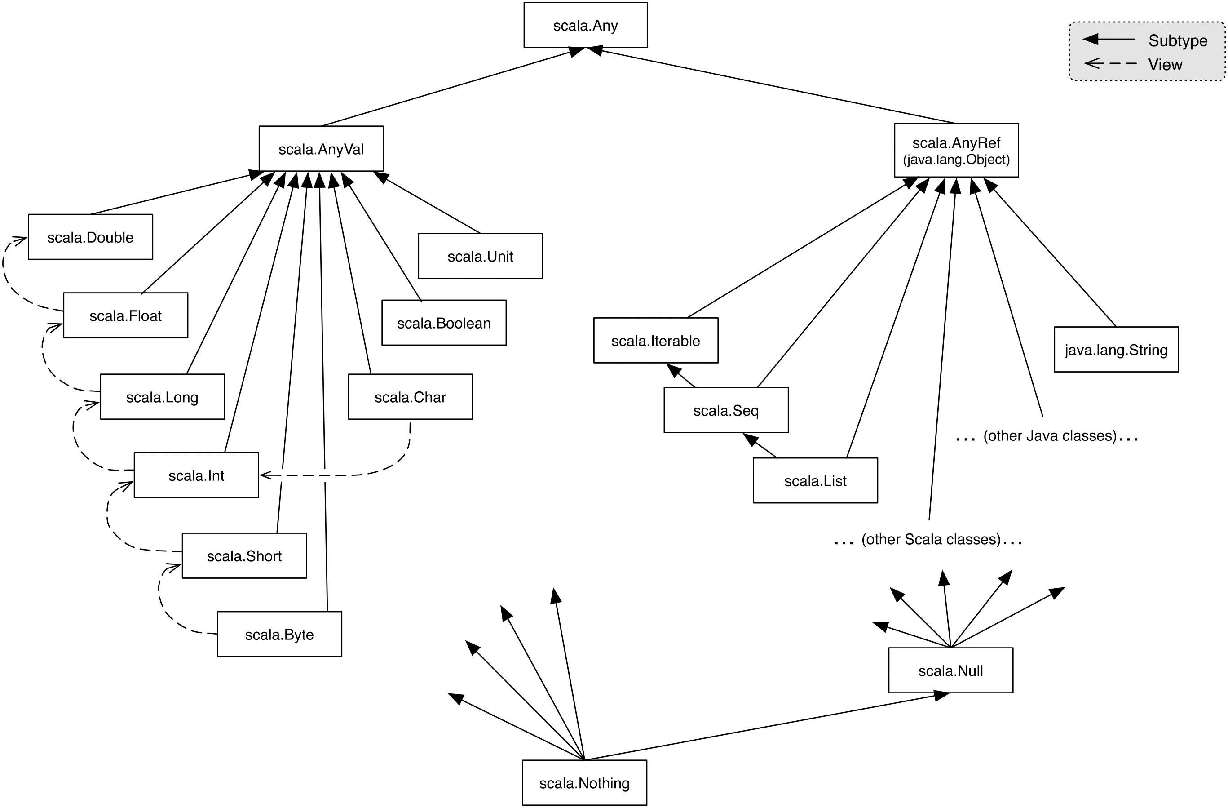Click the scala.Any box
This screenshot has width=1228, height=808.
tap(585, 25)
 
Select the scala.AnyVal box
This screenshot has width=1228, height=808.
tap(321, 149)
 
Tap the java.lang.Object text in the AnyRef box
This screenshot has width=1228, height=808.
tap(956, 160)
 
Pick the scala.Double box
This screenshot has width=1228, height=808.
tap(90, 237)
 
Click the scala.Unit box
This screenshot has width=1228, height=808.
tap(480, 256)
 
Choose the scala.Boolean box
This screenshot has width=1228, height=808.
tap(444, 323)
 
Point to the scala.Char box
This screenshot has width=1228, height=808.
tap(410, 396)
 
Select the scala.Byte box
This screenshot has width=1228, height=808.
tap(279, 634)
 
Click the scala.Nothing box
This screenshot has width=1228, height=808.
tap(584, 783)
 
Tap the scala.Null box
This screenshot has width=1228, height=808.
tap(950, 670)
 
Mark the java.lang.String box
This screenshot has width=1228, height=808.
tap(1116, 350)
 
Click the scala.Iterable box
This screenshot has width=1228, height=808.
tap(655, 340)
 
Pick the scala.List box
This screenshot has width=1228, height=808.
tap(815, 481)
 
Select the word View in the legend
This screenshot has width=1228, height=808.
tap(1165, 65)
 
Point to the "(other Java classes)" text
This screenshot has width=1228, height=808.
tap(1050, 436)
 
